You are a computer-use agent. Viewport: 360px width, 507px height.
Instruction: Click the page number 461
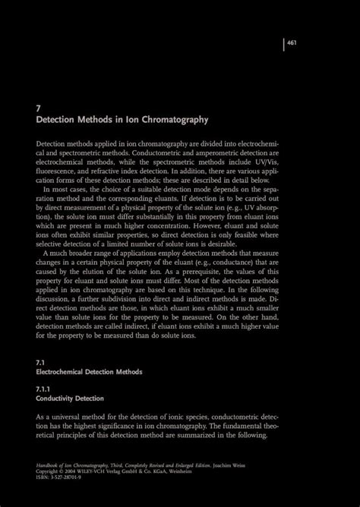click(292, 43)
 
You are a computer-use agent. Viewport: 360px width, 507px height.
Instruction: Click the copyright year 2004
click(76, 468)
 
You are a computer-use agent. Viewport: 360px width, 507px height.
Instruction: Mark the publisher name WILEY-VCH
click(104, 468)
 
